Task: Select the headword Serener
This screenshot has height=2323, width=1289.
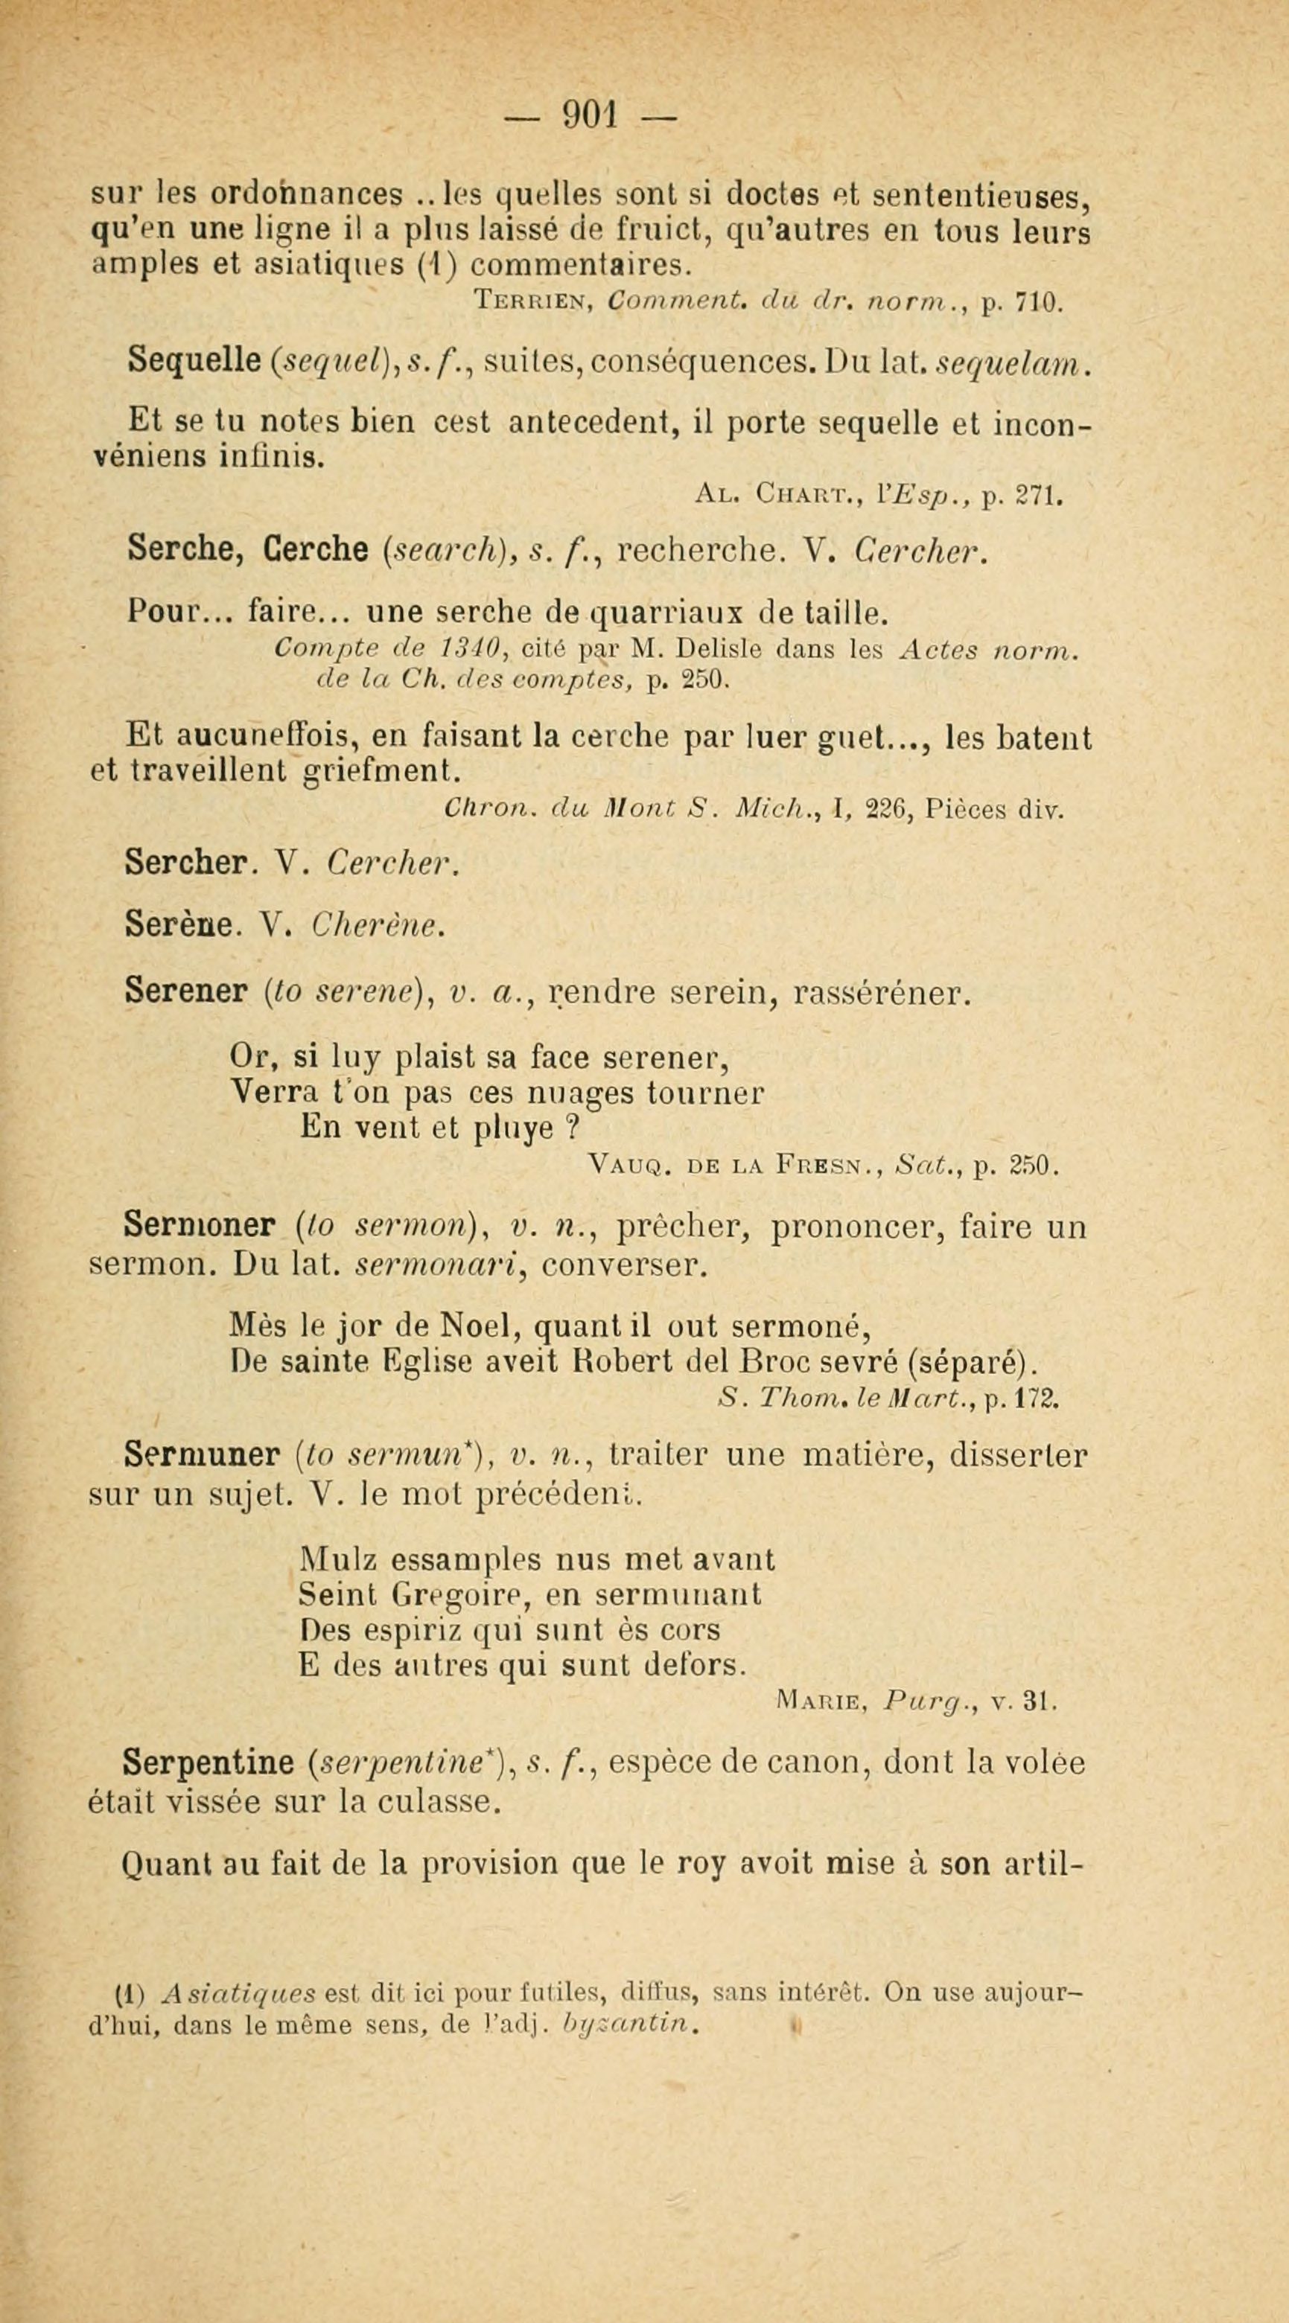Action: click(x=187, y=993)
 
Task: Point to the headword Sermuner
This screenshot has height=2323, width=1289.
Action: click(x=202, y=1454)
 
